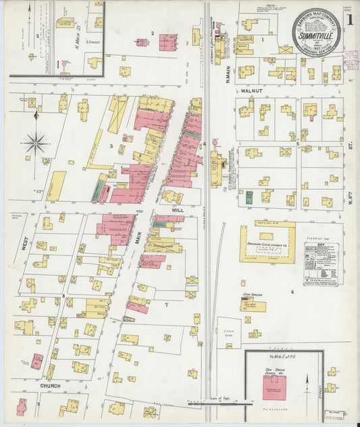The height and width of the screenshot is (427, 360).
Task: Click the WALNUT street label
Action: point(252,90)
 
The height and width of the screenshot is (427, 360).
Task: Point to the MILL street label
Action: point(177,210)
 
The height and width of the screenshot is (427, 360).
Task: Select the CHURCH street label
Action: point(50,386)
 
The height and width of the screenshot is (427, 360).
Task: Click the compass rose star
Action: point(35,143)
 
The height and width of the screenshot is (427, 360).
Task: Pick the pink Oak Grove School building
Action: point(274,387)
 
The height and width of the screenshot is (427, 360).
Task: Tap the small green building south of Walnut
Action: point(249,197)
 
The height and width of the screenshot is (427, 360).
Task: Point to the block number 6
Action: point(292,291)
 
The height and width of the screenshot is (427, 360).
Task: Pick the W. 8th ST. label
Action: point(352,169)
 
